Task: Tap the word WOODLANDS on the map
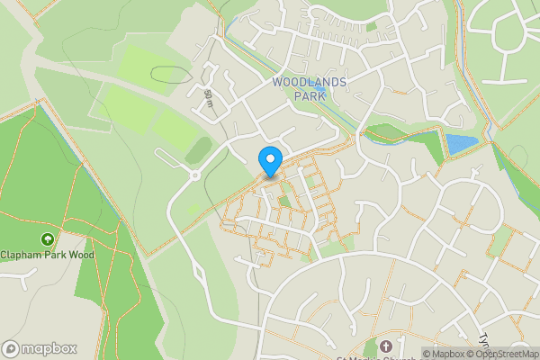pyautogui.click(x=310, y=81)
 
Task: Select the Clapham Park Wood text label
pyautogui.click(x=47, y=255)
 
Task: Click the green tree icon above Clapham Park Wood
pyautogui.click(x=47, y=239)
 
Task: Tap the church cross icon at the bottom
pyautogui.click(x=387, y=346)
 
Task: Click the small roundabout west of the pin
pyautogui.click(x=193, y=175)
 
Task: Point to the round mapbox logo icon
pyautogui.click(x=12, y=348)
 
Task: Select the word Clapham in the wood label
pyautogui.click(x=22, y=255)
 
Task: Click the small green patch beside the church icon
pyautogui.click(x=370, y=347)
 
